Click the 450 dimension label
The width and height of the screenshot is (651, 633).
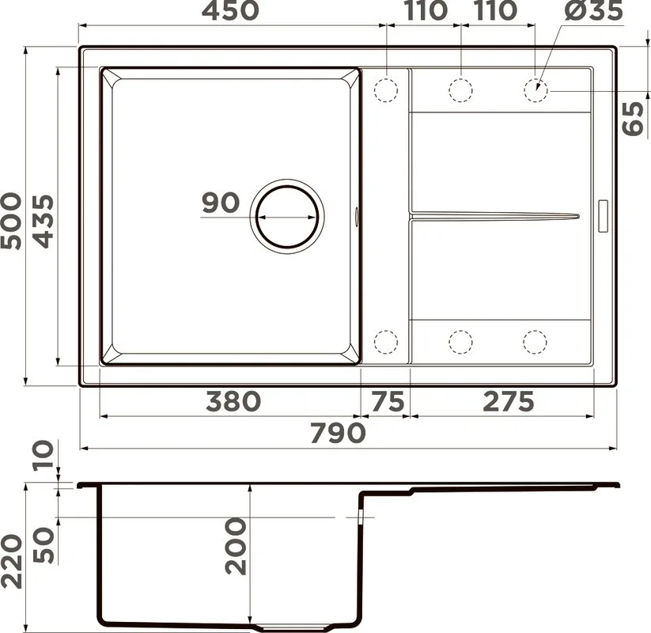click(x=230, y=10)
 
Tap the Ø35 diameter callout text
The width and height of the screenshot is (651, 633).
click(x=594, y=10)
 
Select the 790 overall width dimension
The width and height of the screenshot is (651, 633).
click(x=338, y=433)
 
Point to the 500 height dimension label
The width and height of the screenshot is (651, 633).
click(x=11, y=221)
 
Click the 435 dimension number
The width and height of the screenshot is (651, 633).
click(x=44, y=221)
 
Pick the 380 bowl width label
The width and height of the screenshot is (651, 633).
click(x=233, y=402)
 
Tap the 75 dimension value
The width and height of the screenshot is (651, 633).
click(x=388, y=402)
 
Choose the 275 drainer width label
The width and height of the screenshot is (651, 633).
click(x=509, y=402)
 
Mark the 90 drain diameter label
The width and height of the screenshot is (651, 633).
click(x=221, y=203)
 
